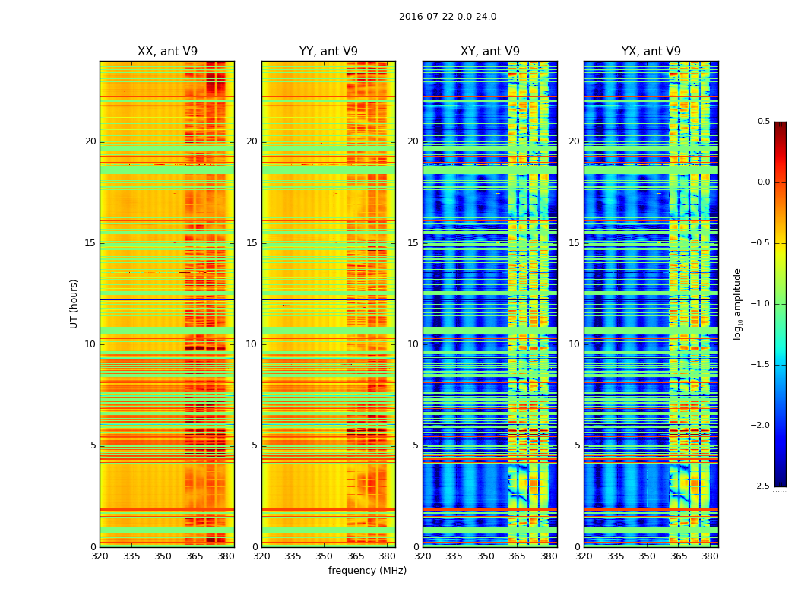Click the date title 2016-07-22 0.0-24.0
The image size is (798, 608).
[448, 17]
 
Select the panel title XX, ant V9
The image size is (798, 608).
[167, 52]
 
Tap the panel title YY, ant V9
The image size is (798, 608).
[328, 52]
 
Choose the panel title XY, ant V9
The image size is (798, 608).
[490, 52]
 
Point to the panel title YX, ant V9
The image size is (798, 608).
[651, 52]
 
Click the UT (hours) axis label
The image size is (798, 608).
[74, 303]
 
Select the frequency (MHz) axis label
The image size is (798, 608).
[367, 571]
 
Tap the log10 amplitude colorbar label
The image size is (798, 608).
[737, 303]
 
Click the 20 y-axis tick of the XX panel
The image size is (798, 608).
[90, 141]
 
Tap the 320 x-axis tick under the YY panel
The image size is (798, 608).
[261, 556]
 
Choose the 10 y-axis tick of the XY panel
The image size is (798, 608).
[413, 344]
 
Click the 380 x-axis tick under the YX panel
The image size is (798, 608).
[710, 556]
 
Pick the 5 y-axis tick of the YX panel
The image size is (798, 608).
[577, 445]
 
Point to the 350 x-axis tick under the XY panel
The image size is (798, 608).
[486, 556]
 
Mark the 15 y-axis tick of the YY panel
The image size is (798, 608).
[252, 243]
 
